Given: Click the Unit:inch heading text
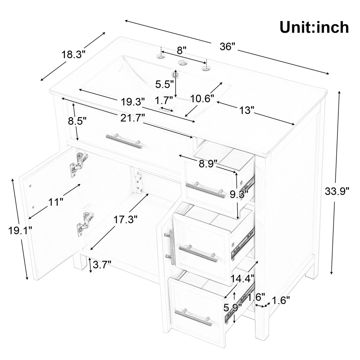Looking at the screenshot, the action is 314,28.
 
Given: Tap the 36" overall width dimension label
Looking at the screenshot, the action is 227,46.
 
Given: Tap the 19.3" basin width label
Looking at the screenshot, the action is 133,102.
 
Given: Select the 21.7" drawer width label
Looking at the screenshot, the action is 133,118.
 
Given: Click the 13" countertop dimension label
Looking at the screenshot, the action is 247,110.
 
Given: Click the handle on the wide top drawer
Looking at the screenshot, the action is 124,141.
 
